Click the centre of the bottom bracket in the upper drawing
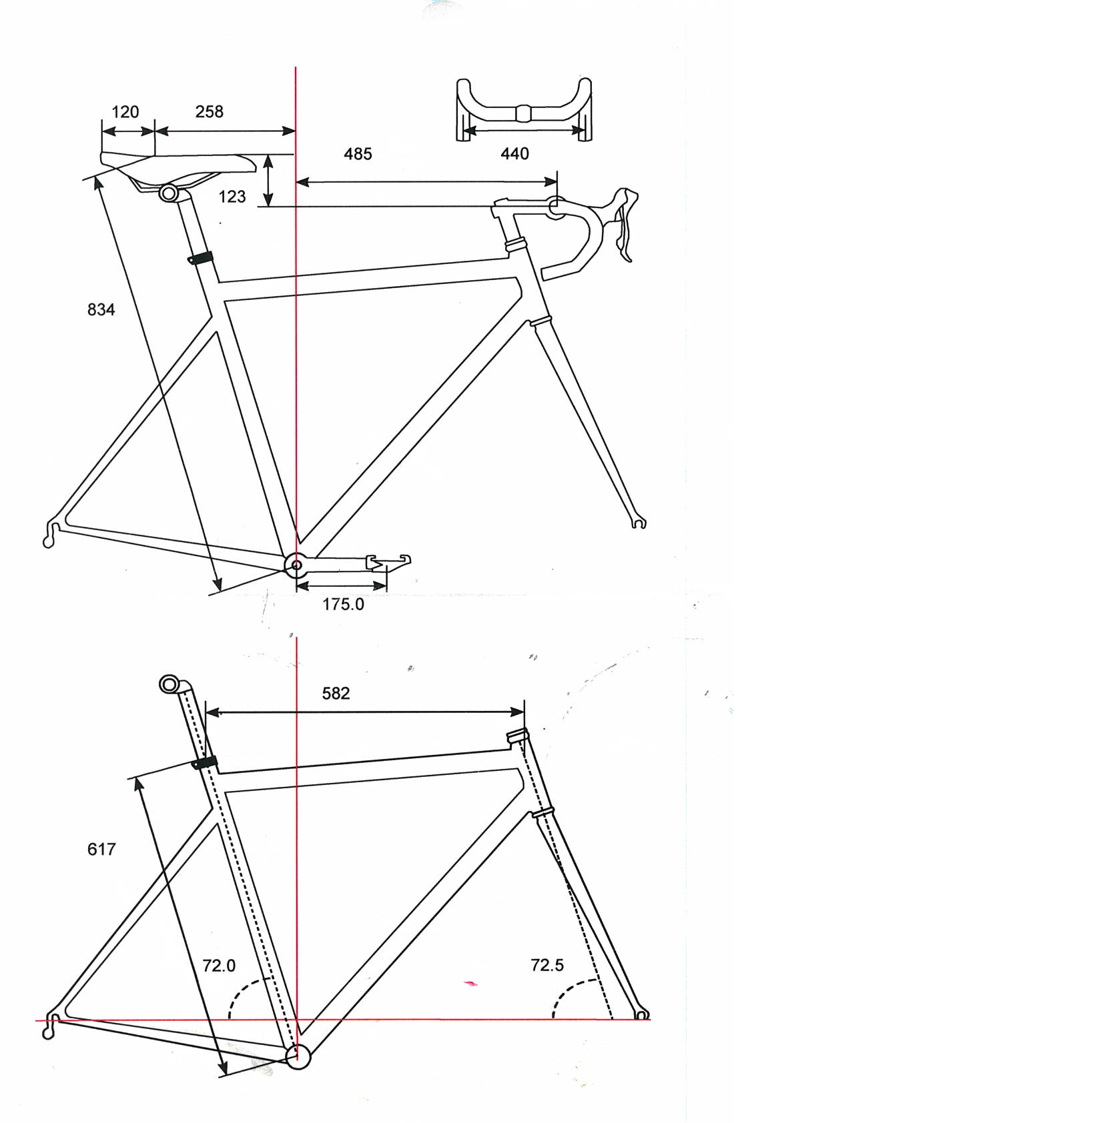[x=296, y=565]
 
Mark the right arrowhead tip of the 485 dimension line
[x=557, y=181]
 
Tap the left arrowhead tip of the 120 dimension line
[x=102, y=132]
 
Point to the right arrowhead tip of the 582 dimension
[x=524, y=712]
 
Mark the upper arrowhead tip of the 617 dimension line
[x=137, y=778]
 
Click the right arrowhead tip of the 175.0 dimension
[x=386, y=586]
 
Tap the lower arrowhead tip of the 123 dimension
[x=268, y=206]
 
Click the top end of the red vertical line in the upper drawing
[x=296, y=67]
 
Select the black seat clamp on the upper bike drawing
[x=200, y=258]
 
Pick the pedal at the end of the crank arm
[x=389, y=562]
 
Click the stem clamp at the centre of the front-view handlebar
[x=524, y=113]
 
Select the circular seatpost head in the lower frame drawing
[x=169, y=684]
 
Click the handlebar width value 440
[x=514, y=154]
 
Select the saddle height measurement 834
[x=101, y=309]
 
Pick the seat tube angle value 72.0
[x=219, y=966]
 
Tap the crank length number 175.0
[x=343, y=604]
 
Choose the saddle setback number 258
[x=209, y=111]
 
